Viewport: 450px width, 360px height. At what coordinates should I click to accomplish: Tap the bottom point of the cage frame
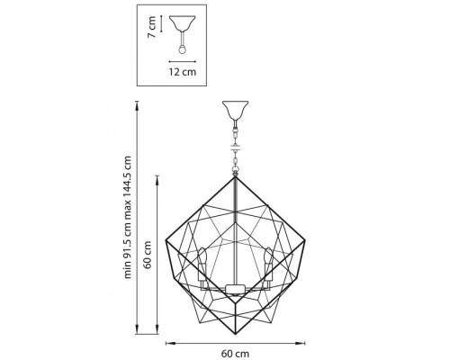point(236,325)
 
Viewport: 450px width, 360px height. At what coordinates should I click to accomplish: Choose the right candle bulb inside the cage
point(269,257)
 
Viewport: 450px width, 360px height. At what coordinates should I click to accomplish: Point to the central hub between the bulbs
point(236,289)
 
